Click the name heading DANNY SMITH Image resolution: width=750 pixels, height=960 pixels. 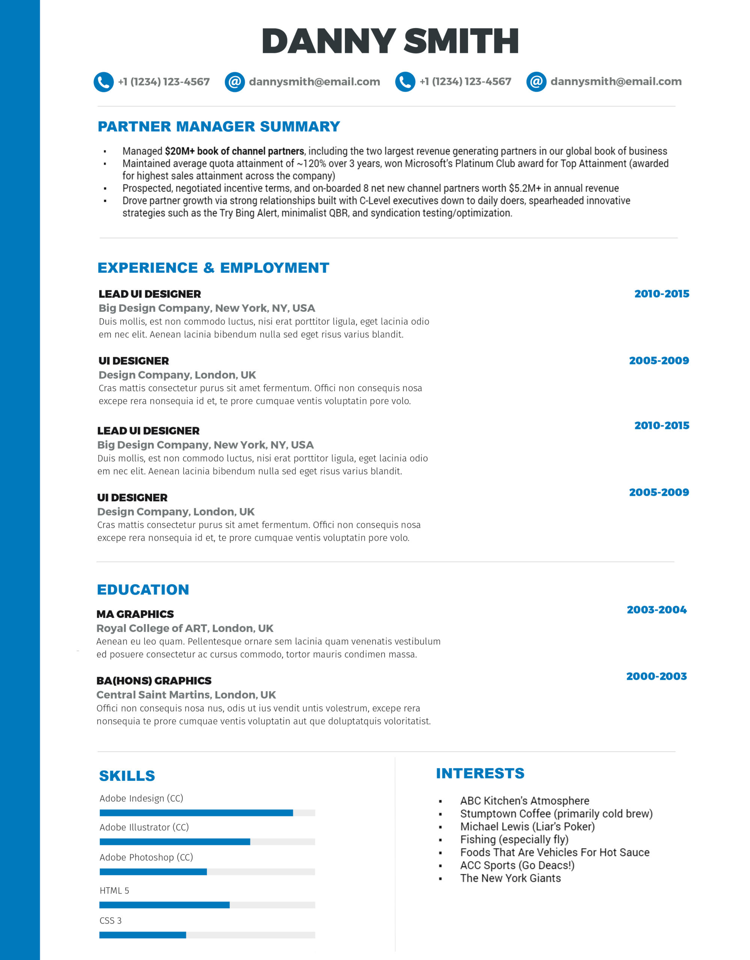pyautogui.click(x=390, y=41)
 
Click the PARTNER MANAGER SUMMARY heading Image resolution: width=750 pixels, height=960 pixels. pyautogui.click(x=218, y=127)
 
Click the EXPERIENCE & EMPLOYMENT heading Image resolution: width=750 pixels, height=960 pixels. pyautogui.click(x=213, y=268)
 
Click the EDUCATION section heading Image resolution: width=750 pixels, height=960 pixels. pyautogui.click(x=143, y=589)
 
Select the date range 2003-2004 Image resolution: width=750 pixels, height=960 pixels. pyautogui.click(x=656, y=610)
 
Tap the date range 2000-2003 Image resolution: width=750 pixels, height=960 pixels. pyautogui.click(x=656, y=676)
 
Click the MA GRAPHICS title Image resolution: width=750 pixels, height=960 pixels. pyautogui.click(x=135, y=614)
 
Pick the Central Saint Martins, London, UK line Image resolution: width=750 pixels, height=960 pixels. pyautogui.click(x=186, y=695)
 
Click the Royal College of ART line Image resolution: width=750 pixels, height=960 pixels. pyautogui.click(x=185, y=628)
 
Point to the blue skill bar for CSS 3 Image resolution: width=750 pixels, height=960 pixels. pyautogui.click(x=143, y=935)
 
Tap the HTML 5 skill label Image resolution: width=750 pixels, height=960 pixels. pyautogui.click(x=114, y=891)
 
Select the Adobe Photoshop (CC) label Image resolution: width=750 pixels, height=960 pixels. pyautogui.click(x=146, y=857)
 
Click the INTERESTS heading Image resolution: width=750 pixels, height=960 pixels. pyautogui.click(x=480, y=773)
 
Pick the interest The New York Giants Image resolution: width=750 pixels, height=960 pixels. pyautogui.click(x=510, y=878)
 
